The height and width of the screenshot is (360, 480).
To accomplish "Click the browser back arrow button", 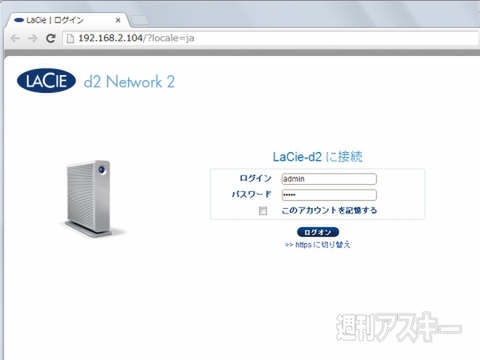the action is click(15, 38).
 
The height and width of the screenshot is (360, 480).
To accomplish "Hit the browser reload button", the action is click(51, 38).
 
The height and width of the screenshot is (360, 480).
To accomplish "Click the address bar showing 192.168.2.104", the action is click(200, 38).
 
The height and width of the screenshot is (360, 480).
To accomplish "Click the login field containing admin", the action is click(329, 178).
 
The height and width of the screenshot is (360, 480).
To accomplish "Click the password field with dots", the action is click(329, 194).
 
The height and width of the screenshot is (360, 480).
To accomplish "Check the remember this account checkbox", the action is click(263, 211).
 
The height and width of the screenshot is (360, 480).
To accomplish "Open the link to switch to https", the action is click(317, 244).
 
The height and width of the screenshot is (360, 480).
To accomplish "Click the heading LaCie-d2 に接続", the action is click(317, 157).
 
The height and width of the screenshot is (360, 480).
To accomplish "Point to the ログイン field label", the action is click(257, 178).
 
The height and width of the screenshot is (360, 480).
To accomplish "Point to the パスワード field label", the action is click(252, 194).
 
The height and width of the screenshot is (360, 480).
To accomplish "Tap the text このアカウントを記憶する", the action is click(329, 211).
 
